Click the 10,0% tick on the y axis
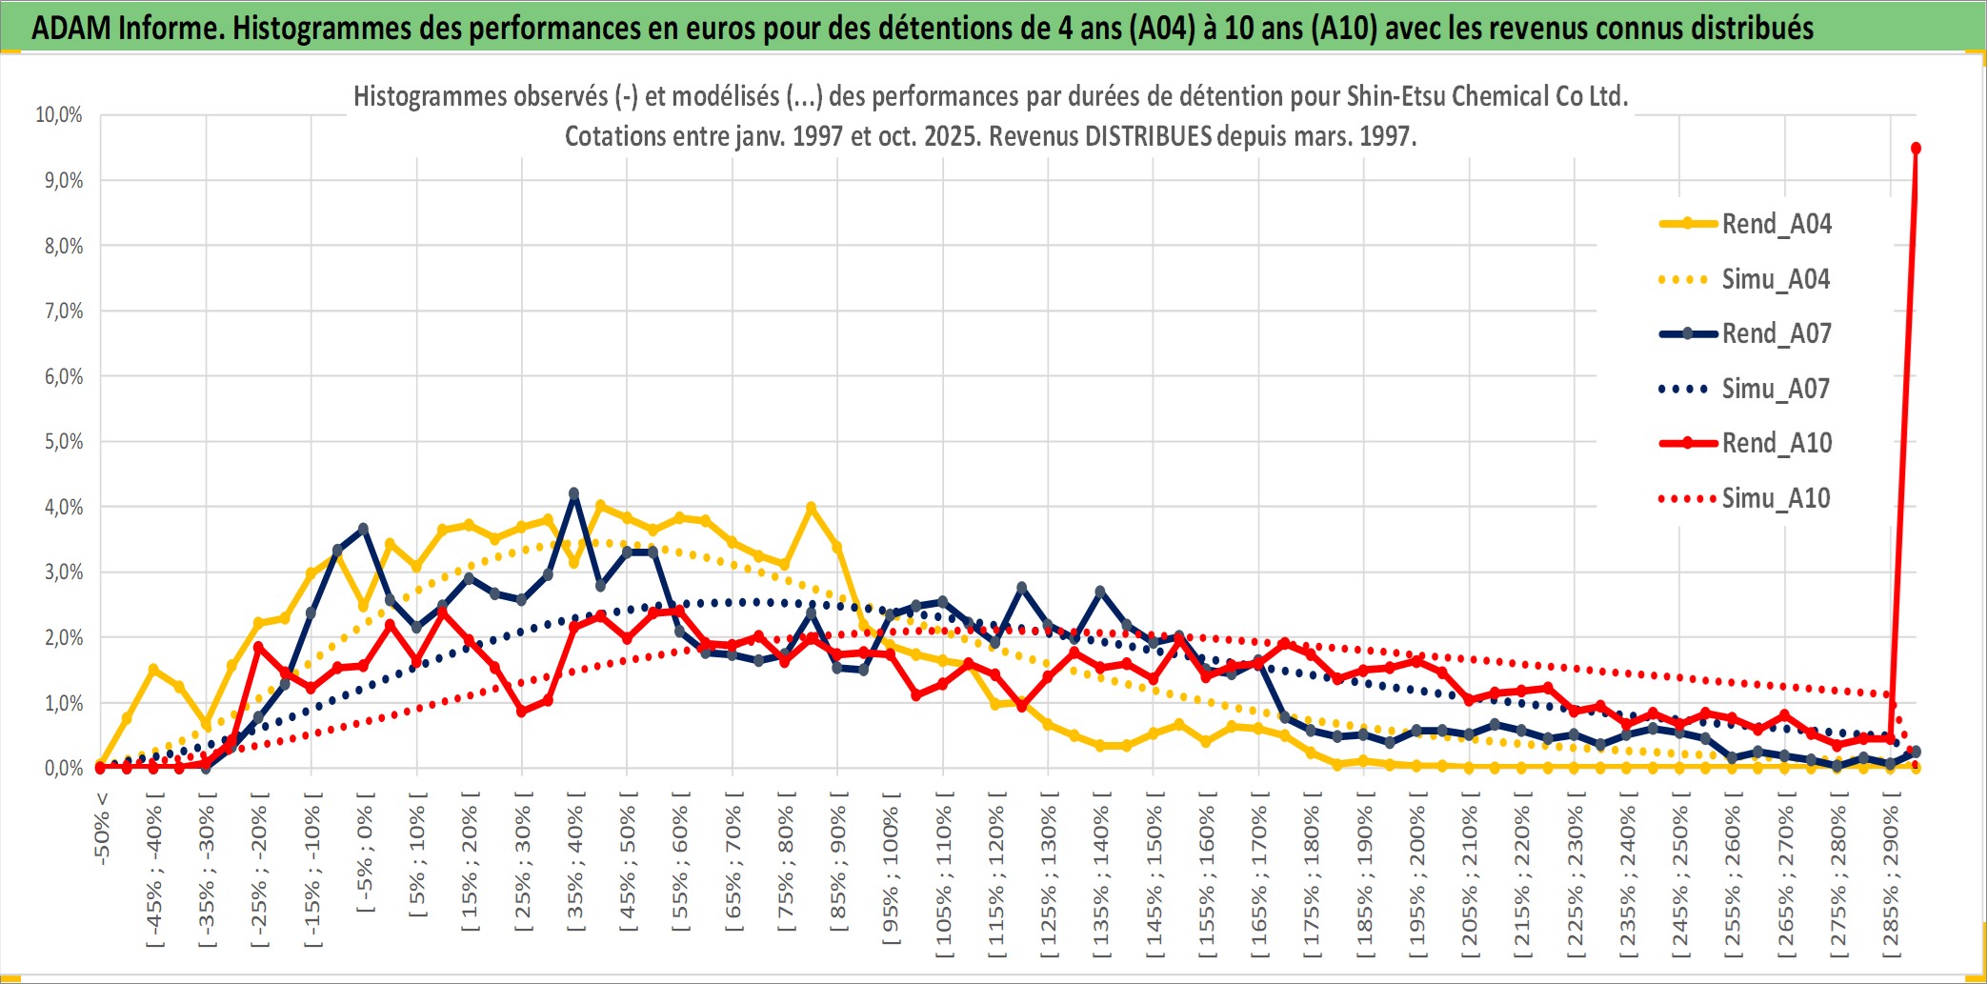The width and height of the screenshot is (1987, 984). (x=59, y=115)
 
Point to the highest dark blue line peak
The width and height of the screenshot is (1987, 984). (x=573, y=493)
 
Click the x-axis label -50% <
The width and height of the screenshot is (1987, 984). (x=102, y=829)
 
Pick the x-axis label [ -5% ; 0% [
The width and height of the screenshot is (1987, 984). (x=365, y=853)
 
